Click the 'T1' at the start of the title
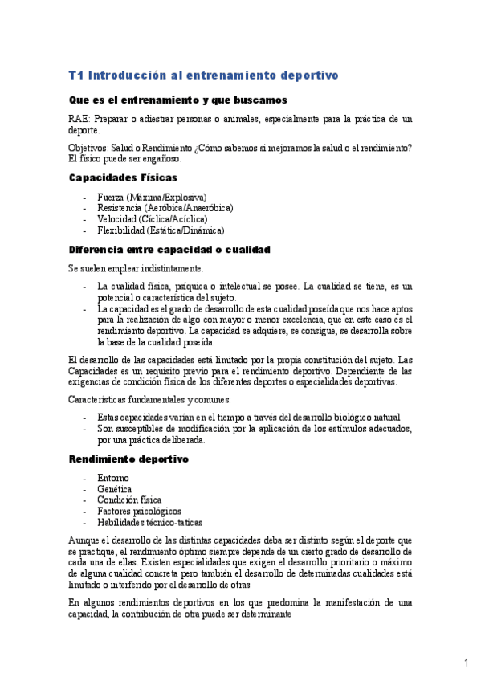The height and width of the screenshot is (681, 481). (x=75, y=75)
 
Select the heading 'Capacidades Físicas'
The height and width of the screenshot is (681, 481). (x=123, y=177)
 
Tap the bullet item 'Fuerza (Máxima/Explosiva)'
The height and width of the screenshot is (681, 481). (x=151, y=197)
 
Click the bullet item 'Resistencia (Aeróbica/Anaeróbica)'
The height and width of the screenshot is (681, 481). (x=165, y=208)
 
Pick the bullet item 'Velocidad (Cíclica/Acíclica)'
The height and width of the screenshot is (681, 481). (x=152, y=218)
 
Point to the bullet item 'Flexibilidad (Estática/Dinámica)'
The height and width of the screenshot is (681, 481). (x=160, y=230)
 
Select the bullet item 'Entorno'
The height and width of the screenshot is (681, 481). (x=112, y=479)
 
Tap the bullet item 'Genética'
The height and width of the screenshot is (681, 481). (x=114, y=489)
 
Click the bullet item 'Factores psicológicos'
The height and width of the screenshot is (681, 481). (x=139, y=511)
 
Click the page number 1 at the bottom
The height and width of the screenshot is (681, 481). (x=466, y=663)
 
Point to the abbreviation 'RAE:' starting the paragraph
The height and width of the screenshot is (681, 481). (x=79, y=119)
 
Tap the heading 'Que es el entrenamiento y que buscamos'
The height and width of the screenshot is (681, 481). (x=177, y=100)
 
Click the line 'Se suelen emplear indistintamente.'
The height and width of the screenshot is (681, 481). (x=136, y=268)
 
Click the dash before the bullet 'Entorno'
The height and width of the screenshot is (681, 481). (x=85, y=479)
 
